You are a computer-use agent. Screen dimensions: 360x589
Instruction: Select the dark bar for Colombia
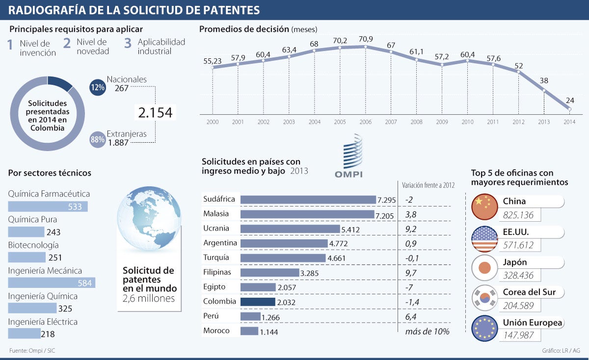pyautogui.click(x=258, y=302)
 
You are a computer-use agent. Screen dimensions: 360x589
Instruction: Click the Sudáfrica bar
pyautogui.click(x=308, y=199)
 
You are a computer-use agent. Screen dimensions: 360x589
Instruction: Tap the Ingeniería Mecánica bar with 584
pyautogui.click(x=52, y=283)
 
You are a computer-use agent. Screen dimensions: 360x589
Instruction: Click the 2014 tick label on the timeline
pyautogui.click(x=569, y=122)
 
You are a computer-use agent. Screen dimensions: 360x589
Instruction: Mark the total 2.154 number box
pyautogui.click(x=155, y=113)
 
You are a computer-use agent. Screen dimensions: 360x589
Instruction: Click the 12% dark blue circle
pyautogui.click(x=98, y=87)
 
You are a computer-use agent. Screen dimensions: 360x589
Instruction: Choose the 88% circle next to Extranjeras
pyautogui.click(x=98, y=139)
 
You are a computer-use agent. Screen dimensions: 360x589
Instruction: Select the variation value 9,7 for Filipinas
pyautogui.click(x=412, y=272)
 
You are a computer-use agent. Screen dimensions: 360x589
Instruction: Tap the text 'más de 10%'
pyautogui.click(x=427, y=331)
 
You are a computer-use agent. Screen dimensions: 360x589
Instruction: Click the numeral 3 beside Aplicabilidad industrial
pyautogui.click(x=128, y=44)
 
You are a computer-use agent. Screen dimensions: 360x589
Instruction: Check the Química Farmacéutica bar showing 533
pyautogui.click(x=48, y=206)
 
